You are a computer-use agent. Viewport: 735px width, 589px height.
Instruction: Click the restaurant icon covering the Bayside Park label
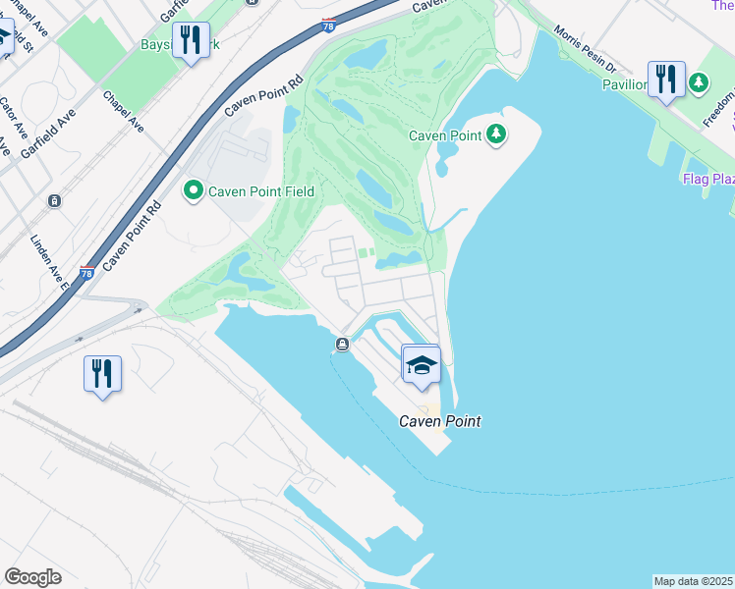point(191,40)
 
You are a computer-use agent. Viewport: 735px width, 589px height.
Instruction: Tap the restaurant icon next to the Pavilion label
point(666,80)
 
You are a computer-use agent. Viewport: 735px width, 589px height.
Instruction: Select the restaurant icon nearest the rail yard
point(102,374)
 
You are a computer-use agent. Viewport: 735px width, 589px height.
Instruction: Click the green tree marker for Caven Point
point(496,134)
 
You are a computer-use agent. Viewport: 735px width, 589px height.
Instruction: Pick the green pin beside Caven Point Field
point(194,189)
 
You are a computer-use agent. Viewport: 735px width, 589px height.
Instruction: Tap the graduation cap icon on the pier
point(422,365)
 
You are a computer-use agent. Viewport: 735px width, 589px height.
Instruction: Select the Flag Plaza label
point(709,180)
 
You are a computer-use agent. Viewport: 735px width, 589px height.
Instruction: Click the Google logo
point(32,577)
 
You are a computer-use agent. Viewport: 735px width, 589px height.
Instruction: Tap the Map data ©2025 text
point(693,581)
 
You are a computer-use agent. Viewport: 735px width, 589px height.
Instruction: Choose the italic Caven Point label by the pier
point(439,421)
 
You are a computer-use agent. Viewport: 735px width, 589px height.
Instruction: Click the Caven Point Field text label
point(260,189)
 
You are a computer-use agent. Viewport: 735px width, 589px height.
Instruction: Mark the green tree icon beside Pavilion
point(699,83)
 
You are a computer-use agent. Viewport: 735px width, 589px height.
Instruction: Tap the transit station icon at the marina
point(342,344)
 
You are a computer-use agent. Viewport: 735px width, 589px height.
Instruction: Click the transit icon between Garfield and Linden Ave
point(54,200)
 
